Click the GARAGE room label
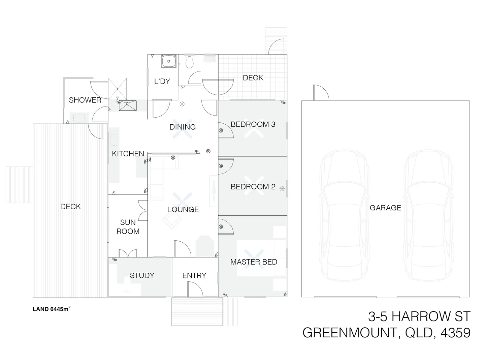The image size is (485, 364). pyautogui.click(x=385, y=208)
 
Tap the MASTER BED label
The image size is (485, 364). pyautogui.click(x=254, y=262)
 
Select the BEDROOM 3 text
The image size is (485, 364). pyautogui.click(x=253, y=124)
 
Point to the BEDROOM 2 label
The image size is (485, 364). pyautogui.click(x=253, y=187)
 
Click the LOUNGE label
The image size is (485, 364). pyautogui.click(x=183, y=210)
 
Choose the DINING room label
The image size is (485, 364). pyautogui.click(x=183, y=127)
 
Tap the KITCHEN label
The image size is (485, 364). pyautogui.click(x=128, y=154)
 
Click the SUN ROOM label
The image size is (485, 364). pyautogui.click(x=128, y=227)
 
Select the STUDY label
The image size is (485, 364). pyautogui.click(x=142, y=276)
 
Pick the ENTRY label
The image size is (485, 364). pyautogui.click(x=194, y=276)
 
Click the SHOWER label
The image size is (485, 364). pyautogui.click(x=85, y=100)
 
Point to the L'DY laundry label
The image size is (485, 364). pyautogui.click(x=162, y=81)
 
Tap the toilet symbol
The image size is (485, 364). pyautogui.click(x=190, y=62)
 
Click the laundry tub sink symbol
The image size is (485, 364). pyautogui.click(x=168, y=61)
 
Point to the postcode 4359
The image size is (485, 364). pyautogui.click(x=455, y=333)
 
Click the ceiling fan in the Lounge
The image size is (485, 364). pyautogui.click(x=183, y=201)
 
